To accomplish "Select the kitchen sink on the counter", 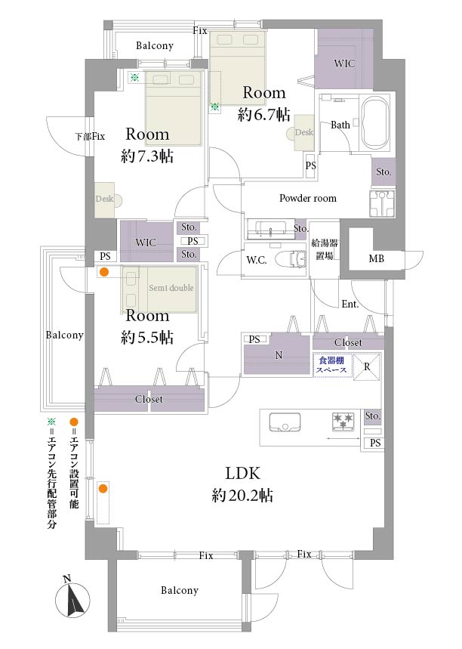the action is [285, 422].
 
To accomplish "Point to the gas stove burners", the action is [343, 422].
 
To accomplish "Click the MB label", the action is [377, 258].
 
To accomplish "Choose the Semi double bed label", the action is [171, 287].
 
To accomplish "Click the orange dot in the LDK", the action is [103, 489].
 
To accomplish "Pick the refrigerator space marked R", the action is [366, 366].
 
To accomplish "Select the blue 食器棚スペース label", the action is [331, 365].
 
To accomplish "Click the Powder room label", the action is [308, 198].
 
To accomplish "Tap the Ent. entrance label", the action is [350, 304].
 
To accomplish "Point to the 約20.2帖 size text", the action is [242, 495].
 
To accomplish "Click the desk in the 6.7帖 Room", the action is [304, 132].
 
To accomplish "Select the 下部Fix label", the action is [90, 136].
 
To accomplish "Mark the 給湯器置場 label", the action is [325, 249].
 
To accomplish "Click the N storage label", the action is [279, 355].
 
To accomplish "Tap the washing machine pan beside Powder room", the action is [382, 204].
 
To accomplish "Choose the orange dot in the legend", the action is [74, 422].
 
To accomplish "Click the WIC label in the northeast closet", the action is [344, 63].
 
